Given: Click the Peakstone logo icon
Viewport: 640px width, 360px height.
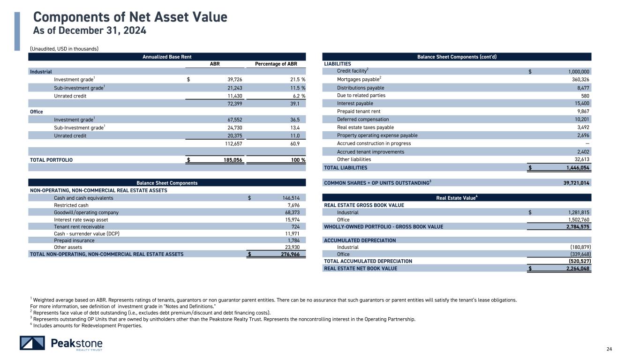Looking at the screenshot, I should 32,343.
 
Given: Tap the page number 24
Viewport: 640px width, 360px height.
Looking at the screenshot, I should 609,349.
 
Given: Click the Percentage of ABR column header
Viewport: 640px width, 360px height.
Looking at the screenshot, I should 280,64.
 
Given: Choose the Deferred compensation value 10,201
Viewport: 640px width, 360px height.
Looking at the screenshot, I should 580,120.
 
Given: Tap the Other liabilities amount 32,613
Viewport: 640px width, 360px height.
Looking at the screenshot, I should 580,159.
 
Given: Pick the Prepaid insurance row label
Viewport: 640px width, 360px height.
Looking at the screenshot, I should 74,240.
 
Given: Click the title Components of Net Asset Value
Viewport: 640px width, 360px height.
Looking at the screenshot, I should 130,17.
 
